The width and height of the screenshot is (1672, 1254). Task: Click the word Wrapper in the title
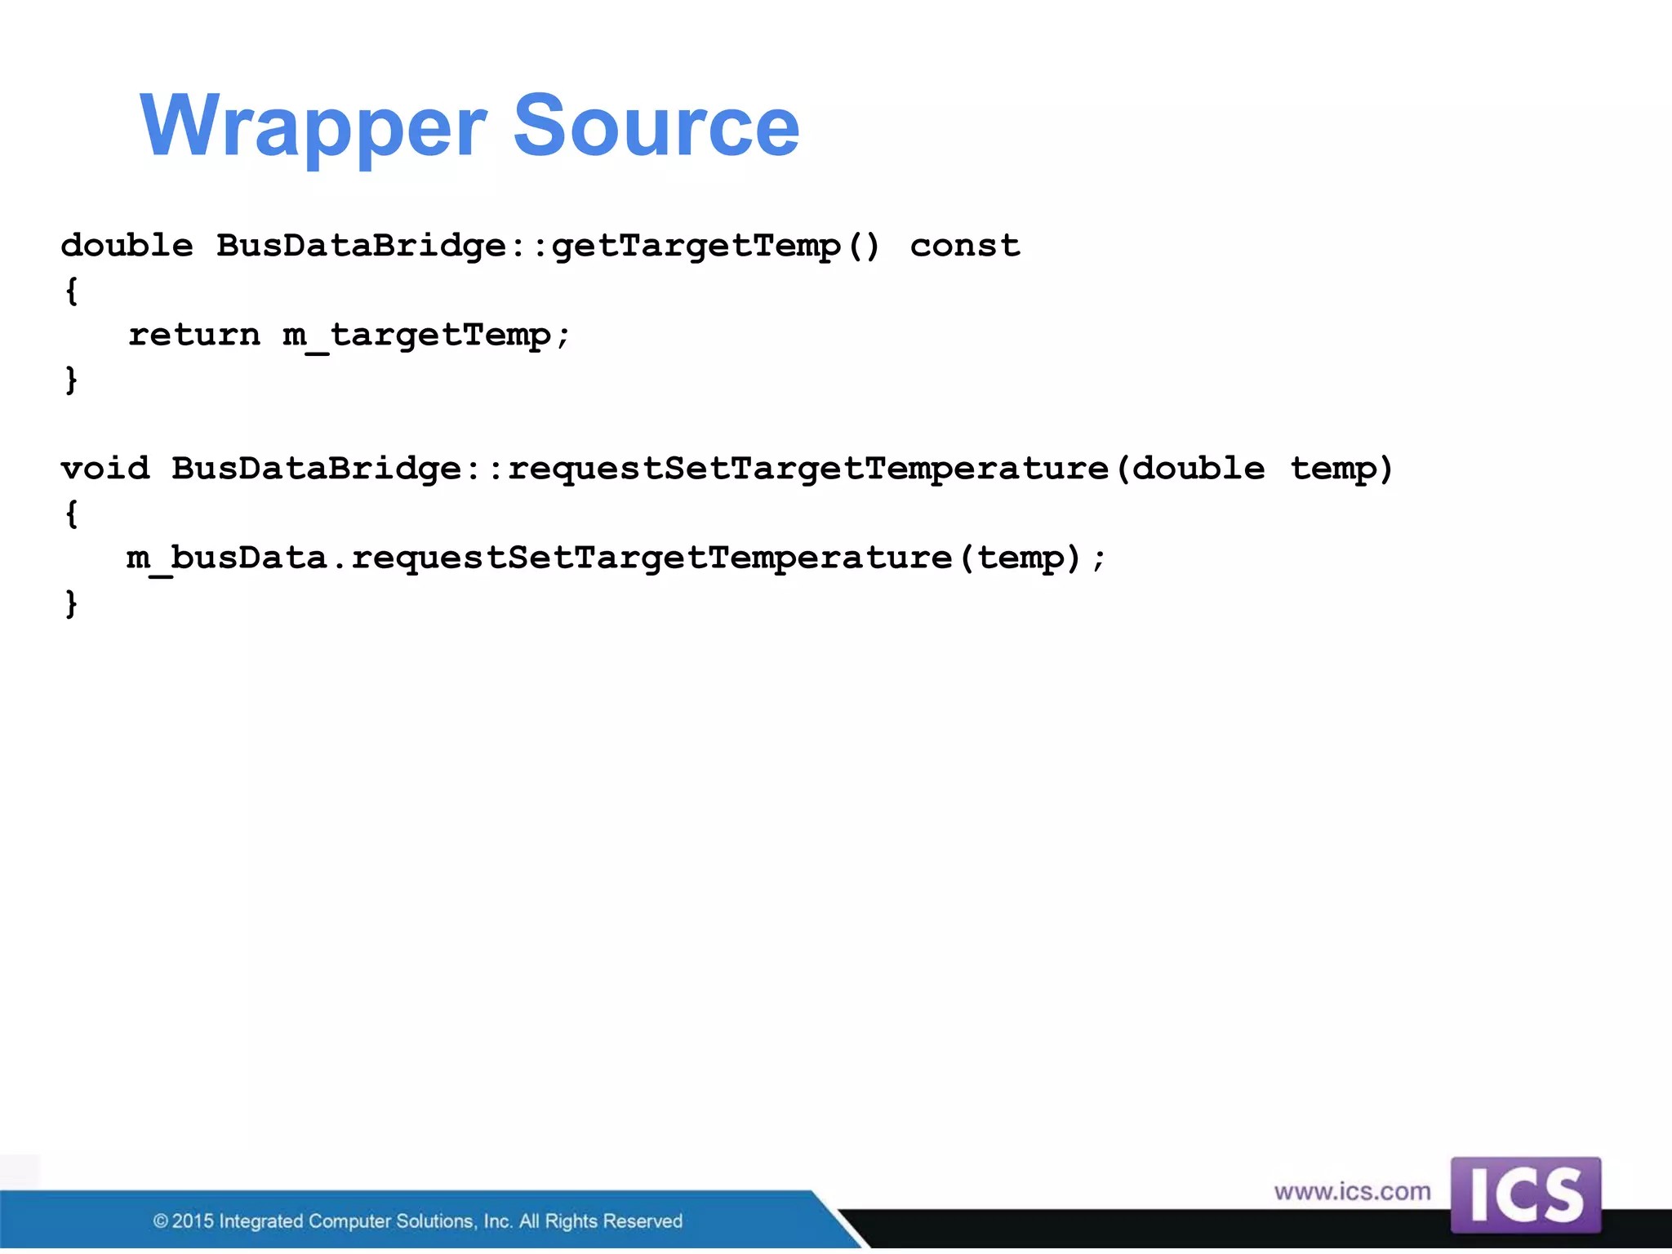(313, 127)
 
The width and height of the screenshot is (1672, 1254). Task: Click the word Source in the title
(656, 127)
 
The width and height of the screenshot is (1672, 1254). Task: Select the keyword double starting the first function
(127, 245)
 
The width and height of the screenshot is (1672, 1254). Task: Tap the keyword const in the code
(964, 245)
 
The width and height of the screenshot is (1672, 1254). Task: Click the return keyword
(194, 334)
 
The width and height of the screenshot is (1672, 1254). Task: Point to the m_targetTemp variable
(417, 336)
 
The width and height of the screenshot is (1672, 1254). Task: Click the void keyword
(105, 469)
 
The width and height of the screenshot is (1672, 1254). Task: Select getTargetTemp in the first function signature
(696, 247)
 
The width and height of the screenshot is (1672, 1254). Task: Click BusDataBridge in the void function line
(317, 469)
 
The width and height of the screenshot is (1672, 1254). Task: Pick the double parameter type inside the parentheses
(1198, 469)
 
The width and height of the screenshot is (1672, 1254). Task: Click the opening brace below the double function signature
(72, 291)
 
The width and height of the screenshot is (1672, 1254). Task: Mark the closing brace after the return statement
(72, 380)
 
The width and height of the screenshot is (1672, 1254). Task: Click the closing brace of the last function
(72, 604)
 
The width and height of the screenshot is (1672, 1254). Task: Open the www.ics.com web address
(1352, 1192)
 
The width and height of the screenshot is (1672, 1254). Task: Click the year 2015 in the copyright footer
(193, 1221)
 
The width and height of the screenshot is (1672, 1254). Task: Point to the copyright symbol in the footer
(161, 1221)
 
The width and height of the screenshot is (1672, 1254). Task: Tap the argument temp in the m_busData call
(1021, 559)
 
